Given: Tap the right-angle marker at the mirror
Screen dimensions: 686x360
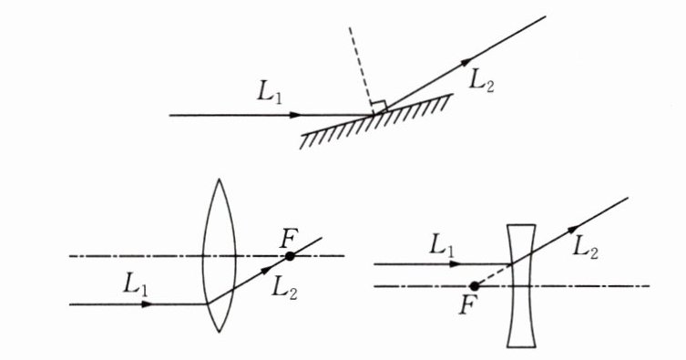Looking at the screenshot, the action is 379,107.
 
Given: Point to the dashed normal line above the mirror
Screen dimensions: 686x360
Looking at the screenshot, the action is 362,70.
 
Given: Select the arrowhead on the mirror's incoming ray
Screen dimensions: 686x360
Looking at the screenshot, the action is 296,115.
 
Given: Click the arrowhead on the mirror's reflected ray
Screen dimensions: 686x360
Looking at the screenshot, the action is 466,62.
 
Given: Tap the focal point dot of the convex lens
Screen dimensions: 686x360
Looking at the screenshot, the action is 290,256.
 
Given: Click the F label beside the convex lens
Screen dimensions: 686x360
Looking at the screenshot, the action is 288,240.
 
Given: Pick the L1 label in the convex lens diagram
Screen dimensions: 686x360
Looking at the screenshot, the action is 136,284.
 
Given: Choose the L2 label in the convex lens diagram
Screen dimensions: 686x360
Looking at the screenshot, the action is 284,288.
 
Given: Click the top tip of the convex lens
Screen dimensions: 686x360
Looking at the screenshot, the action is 219,179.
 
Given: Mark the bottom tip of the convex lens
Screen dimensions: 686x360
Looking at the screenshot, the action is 219,332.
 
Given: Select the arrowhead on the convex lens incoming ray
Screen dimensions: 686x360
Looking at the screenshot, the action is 147,304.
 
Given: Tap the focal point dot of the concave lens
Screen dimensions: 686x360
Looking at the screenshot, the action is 474,286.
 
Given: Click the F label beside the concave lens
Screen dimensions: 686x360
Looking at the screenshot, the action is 466,305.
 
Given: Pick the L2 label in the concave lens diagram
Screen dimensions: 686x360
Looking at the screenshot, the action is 586,249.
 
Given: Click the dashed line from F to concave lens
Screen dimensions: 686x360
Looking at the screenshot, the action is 493,275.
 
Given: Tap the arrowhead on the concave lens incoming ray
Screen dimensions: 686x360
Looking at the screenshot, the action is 455,263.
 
